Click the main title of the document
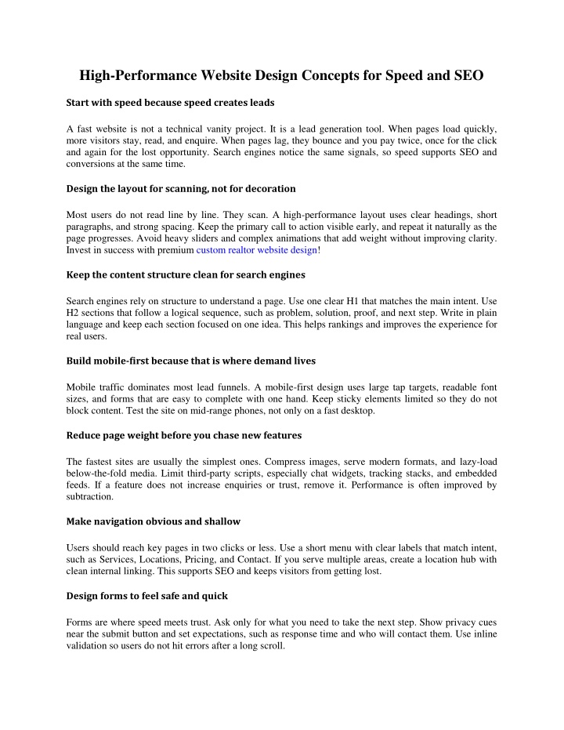coord(281,76)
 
